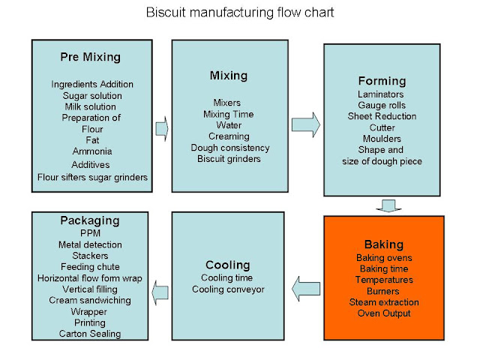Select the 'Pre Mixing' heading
tap(90, 57)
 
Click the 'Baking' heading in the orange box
tap(383, 244)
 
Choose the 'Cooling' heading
tap(228, 265)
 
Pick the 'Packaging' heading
tap(90, 221)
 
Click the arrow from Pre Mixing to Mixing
tap(160, 129)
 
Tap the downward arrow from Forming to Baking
tap(388, 204)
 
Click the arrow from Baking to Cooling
tap(305, 286)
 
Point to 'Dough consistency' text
tap(229, 147)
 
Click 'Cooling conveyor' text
tap(228, 289)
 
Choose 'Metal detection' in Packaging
tap(90, 244)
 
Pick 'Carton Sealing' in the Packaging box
tap(90, 334)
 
